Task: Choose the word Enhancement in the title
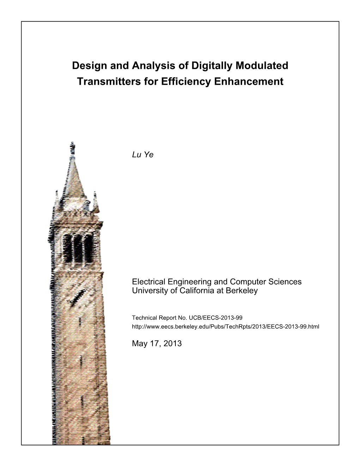(x=251, y=82)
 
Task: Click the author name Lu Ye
(x=143, y=155)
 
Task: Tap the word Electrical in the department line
(x=148, y=282)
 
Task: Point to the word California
(x=195, y=291)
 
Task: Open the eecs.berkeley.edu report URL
(x=225, y=327)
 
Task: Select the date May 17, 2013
(x=157, y=343)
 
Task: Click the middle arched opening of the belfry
(x=78, y=247)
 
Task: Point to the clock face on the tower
(x=78, y=297)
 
